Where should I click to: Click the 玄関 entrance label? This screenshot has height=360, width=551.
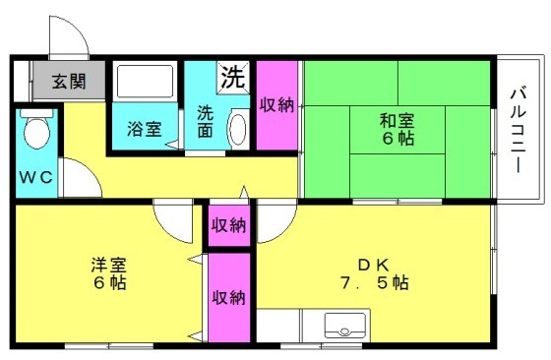tap(69, 82)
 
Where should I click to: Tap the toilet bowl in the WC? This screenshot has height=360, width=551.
tap(36, 129)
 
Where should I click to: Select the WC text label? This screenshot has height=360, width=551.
tap(35, 177)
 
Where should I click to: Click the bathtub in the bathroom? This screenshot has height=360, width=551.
tap(146, 82)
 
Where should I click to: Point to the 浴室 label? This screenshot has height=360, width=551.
tap(145, 129)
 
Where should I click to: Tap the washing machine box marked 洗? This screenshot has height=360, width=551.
tap(233, 78)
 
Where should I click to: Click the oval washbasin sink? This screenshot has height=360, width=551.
tap(238, 129)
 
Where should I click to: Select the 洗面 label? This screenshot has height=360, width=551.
tap(205, 121)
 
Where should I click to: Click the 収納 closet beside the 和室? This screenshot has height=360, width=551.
tap(276, 105)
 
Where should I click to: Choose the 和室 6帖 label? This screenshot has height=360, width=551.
tap(398, 129)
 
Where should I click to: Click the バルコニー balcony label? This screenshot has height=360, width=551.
tap(519, 131)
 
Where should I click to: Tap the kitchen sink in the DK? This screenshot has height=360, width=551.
tap(344, 326)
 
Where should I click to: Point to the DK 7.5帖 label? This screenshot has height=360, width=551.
tap(374, 274)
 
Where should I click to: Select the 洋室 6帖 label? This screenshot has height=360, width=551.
tap(109, 274)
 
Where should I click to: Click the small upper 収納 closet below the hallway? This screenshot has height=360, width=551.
tap(229, 225)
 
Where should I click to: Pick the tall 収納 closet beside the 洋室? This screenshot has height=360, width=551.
tap(229, 298)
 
